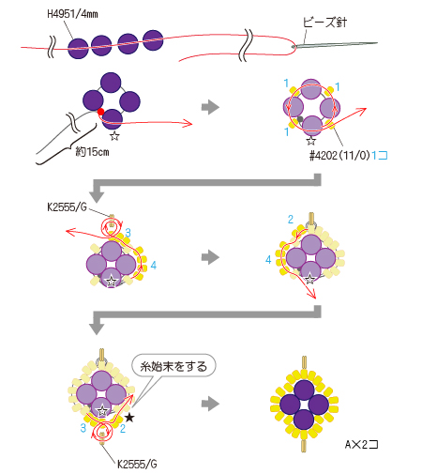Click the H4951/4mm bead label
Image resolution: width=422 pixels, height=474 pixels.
(x=72, y=14)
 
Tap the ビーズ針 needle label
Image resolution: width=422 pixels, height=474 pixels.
(x=324, y=22)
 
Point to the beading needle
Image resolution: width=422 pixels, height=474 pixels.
(x=335, y=45)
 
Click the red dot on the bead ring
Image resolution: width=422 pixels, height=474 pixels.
(x=100, y=112)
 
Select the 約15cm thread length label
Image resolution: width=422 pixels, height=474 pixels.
(x=92, y=152)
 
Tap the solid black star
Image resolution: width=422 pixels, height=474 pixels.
(x=129, y=418)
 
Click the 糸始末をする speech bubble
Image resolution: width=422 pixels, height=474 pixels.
(x=173, y=366)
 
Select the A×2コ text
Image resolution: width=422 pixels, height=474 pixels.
(x=362, y=444)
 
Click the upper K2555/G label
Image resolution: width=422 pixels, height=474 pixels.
(x=67, y=207)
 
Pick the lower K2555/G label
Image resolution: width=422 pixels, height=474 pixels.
(x=137, y=464)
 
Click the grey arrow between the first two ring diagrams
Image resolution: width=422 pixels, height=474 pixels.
(x=210, y=107)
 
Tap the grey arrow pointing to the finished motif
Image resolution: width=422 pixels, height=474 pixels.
(x=210, y=404)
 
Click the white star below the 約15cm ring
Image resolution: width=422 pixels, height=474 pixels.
(x=114, y=136)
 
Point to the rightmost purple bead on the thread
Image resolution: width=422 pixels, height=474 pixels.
(x=153, y=40)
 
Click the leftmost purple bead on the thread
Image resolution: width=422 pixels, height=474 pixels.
(x=78, y=49)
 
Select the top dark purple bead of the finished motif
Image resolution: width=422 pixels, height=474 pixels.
(x=304, y=390)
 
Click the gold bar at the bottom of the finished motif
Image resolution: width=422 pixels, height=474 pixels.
(x=304, y=445)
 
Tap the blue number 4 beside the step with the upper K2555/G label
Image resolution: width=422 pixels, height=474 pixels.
(x=153, y=266)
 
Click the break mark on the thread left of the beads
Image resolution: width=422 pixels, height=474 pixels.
(x=52, y=47)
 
